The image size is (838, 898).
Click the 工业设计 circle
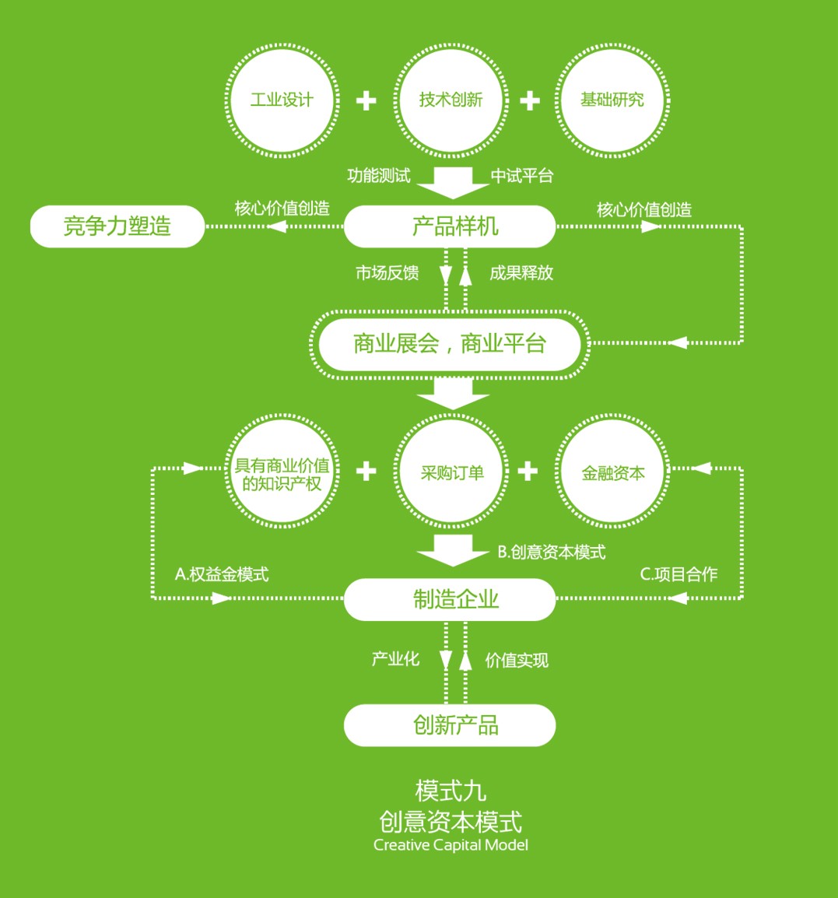coord(282,100)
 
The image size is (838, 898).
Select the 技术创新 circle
coord(451,100)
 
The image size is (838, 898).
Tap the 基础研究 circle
coord(612,100)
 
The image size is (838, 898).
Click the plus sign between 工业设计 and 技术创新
coord(366,101)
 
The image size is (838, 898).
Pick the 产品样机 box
coord(450,226)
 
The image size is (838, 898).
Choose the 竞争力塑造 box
coord(117,226)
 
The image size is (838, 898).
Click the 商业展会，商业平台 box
coord(450,343)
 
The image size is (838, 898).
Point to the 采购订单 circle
coord(451,472)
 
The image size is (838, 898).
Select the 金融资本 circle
coord(613,472)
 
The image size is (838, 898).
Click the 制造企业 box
coord(450,599)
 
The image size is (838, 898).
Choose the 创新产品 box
coord(450,725)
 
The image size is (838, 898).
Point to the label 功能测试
coord(379,176)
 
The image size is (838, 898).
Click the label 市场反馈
coord(387,272)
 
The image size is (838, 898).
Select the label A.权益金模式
coord(222,574)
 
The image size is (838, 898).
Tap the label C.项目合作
coord(678,574)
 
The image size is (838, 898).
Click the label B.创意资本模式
coord(551,552)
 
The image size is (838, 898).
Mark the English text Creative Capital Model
coord(451,845)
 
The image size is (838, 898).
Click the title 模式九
coord(451,791)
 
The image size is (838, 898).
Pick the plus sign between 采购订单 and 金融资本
coord(528,471)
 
